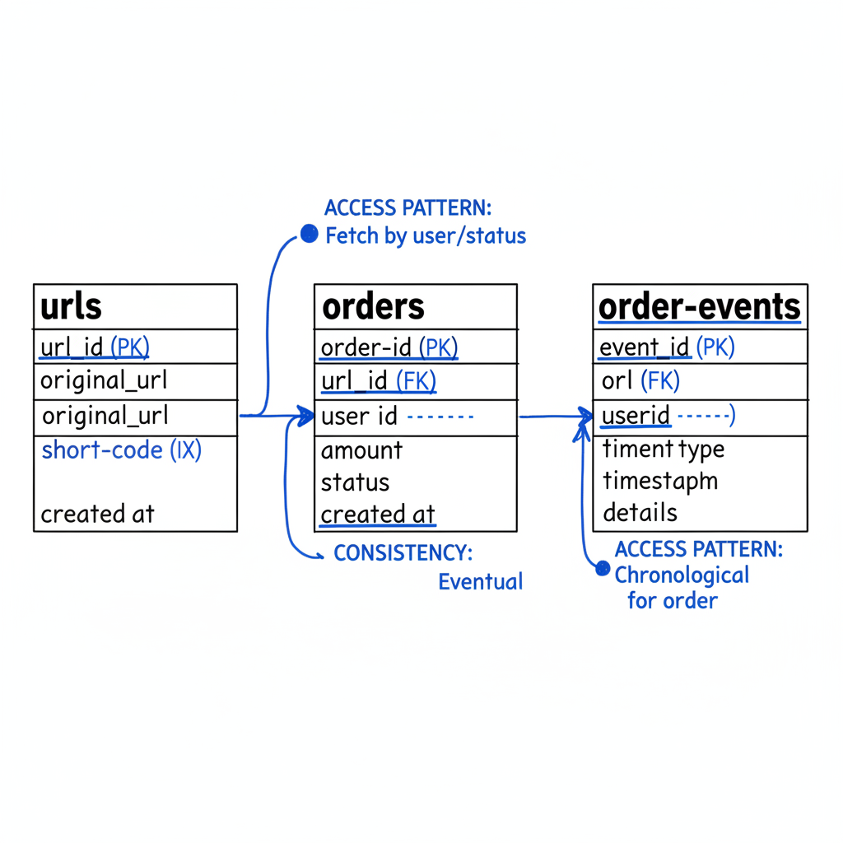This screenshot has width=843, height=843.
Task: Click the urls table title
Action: [72, 307]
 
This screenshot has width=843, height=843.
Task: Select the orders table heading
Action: [373, 307]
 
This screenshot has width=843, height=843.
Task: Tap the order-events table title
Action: [699, 307]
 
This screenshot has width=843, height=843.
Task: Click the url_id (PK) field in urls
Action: [95, 347]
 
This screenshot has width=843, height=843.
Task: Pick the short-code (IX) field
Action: [121, 449]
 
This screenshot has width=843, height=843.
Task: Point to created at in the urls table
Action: [97, 514]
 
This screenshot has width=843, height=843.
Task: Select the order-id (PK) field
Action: [389, 347]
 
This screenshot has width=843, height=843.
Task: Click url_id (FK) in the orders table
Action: [378, 381]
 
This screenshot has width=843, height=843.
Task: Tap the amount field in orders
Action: [361, 450]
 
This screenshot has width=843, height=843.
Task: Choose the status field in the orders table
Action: [355, 482]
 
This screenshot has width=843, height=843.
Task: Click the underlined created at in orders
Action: [377, 515]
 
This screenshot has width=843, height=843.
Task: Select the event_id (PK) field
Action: [667, 347]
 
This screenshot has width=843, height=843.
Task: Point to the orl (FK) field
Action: [640, 381]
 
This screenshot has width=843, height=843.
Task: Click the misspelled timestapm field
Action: [659, 481]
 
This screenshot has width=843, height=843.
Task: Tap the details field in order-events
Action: [640, 513]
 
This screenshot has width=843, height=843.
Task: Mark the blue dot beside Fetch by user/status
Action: [309, 235]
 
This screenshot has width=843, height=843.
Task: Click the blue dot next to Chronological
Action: [603, 569]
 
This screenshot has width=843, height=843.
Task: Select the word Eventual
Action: [480, 582]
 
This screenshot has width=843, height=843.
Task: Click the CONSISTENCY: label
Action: [403, 553]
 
